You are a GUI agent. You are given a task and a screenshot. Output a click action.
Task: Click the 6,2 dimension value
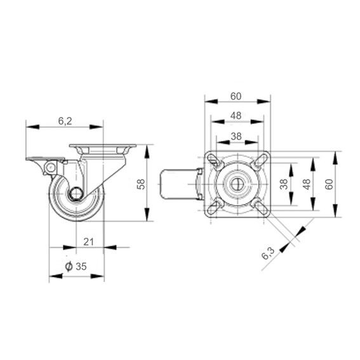(65, 121)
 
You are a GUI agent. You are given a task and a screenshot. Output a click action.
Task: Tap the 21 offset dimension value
(88, 242)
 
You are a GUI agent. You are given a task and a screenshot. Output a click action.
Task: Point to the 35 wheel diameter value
(81, 266)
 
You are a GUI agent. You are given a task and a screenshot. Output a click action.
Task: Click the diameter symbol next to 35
(69, 266)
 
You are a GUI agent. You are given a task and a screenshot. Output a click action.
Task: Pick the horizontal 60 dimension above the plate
(236, 97)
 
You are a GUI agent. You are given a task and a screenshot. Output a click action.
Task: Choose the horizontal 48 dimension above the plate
(236, 116)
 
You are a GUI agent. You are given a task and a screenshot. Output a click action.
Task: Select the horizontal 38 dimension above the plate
(236, 137)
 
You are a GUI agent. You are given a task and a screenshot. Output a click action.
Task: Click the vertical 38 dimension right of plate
(284, 184)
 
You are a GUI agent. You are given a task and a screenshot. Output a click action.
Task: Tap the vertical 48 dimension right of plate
(307, 184)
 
